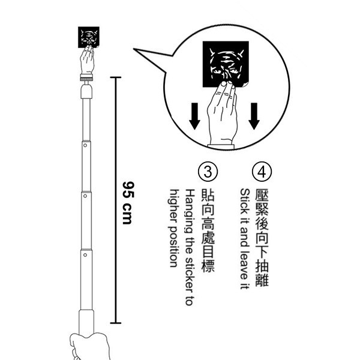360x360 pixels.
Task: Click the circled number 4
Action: pos(260,172)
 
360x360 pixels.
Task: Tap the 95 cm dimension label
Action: pos(127,202)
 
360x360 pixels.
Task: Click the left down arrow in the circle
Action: pos(194,116)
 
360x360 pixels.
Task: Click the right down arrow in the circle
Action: pos(253,115)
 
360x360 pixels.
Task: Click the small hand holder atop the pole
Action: pos(88,62)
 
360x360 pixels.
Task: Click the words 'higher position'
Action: pos(175,228)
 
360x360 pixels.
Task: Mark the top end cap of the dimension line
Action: pos(115,78)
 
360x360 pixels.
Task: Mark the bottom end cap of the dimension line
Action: pos(115,323)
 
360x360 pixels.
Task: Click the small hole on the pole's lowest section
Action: pos(85,255)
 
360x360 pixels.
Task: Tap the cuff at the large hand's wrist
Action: pos(223,145)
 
